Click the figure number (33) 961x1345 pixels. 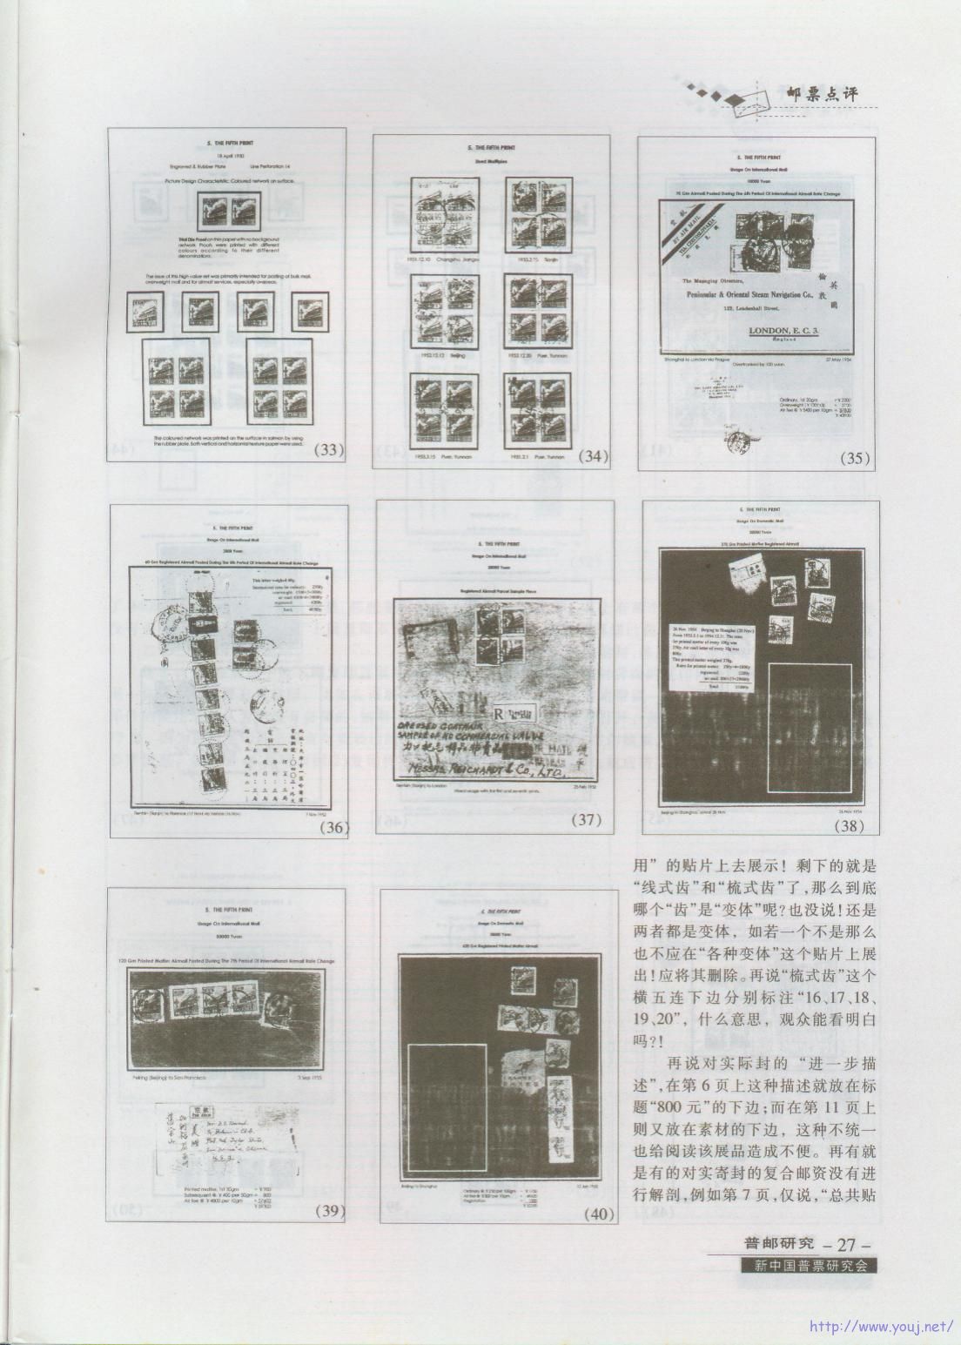coord(328,450)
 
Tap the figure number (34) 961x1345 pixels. coord(594,455)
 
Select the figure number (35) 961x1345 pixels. coord(857,458)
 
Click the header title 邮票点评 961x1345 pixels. coord(821,95)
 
